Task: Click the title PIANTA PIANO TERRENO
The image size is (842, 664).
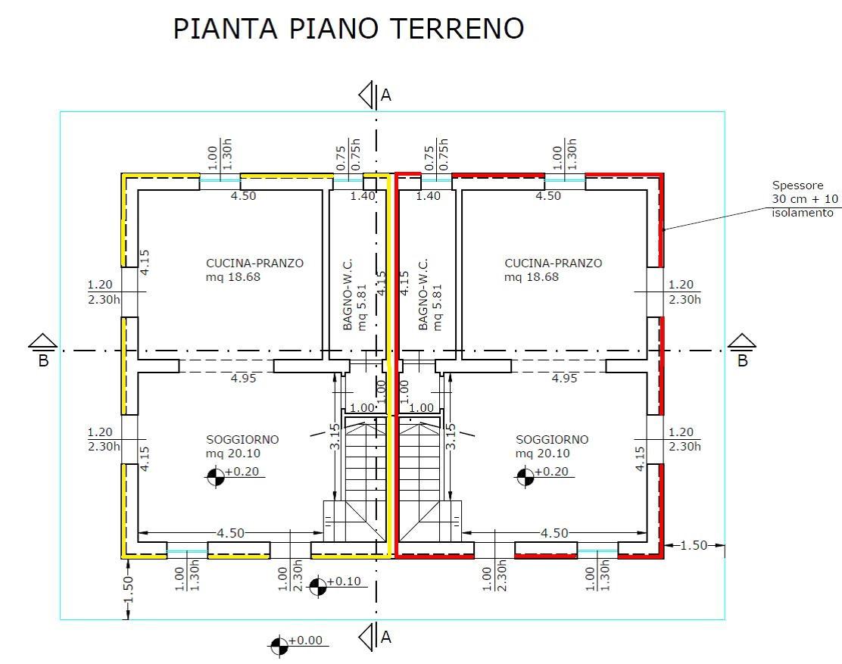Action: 348,29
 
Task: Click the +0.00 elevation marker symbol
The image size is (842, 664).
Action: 279,645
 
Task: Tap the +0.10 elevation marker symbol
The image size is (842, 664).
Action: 317,586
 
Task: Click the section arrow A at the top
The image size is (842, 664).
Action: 369,95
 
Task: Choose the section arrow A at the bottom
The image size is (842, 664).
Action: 369,638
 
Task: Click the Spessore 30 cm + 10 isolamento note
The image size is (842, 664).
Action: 805,199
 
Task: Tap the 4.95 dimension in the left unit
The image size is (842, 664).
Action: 243,378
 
